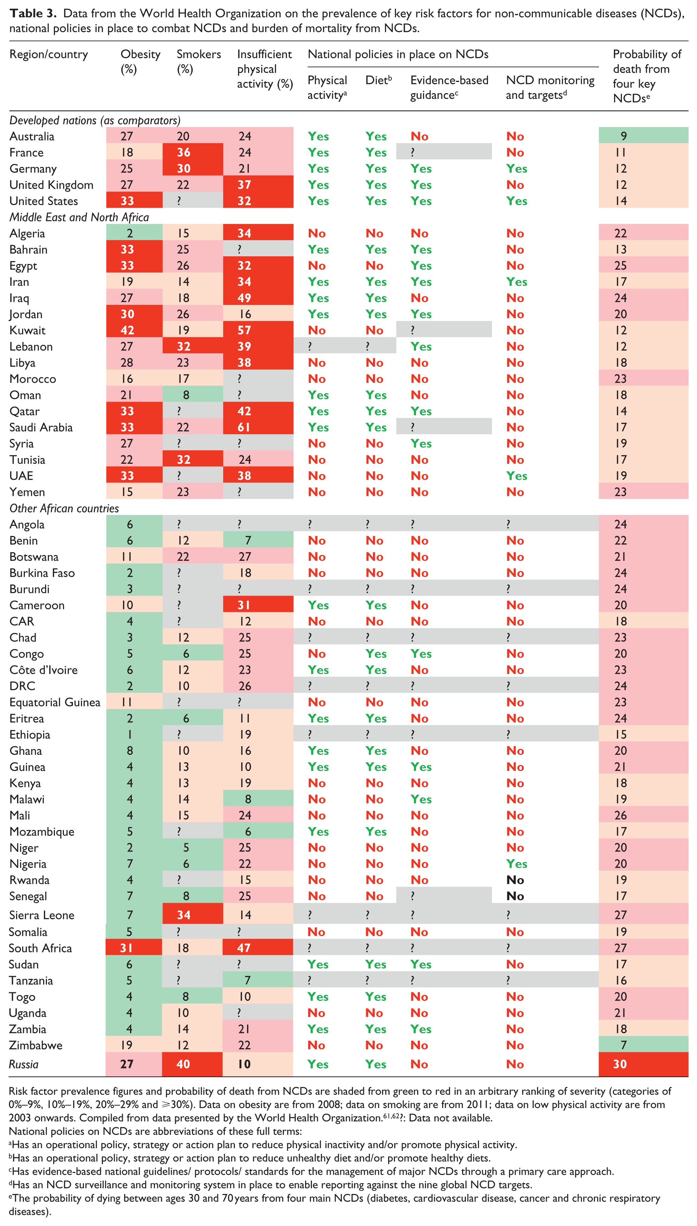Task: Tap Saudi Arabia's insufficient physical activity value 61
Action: (x=244, y=427)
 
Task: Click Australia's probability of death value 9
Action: (x=623, y=136)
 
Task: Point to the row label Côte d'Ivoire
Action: (x=43, y=670)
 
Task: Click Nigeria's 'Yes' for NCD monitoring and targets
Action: (x=517, y=864)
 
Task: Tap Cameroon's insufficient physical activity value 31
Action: (x=244, y=605)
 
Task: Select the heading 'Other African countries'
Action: (x=64, y=508)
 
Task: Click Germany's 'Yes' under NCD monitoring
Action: (x=517, y=169)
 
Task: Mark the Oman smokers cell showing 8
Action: (x=186, y=395)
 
